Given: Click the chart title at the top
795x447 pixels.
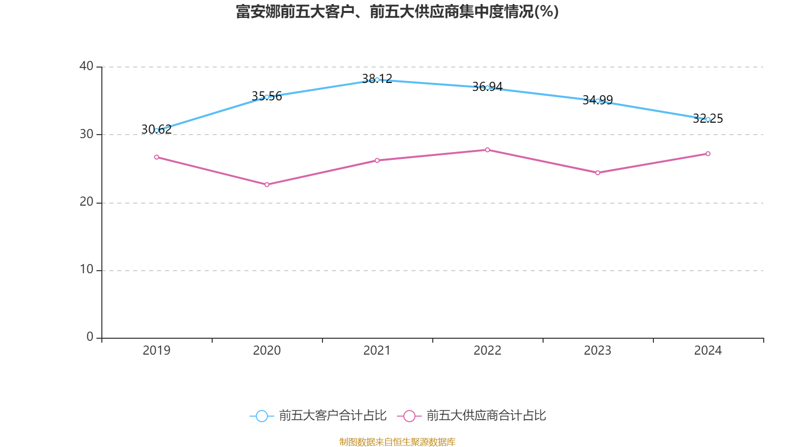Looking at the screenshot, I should tap(397, 11).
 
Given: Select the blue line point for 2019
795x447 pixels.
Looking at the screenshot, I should tap(157, 131).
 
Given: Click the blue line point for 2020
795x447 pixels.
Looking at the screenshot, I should tap(267, 97).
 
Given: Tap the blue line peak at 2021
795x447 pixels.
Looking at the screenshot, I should tap(377, 79).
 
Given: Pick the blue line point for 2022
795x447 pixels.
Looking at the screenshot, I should tap(487, 88).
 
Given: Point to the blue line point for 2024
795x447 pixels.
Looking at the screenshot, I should tap(708, 119).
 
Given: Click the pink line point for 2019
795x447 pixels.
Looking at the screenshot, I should tap(157, 157).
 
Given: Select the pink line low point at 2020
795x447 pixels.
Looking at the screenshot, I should tap(267, 185).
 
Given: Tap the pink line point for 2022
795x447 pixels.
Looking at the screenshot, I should tap(487, 150).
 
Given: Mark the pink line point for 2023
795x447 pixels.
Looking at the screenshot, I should tap(598, 173).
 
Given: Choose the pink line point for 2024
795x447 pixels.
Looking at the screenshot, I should tap(708, 154).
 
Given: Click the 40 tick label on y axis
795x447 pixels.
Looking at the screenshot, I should tap(86, 66).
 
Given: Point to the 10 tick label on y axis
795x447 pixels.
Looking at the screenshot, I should tap(86, 270).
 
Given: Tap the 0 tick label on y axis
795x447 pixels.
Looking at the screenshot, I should tap(90, 337).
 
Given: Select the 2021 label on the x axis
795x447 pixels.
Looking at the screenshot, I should tap(377, 351).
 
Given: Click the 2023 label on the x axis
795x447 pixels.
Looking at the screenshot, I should tap(598, 351).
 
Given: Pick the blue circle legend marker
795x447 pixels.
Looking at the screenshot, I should tap(261, 416).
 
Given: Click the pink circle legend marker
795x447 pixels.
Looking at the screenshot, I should tap(409, 416).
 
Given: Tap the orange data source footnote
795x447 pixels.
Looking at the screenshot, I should tap(397, 442).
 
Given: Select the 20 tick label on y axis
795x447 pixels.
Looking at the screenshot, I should tap(86, 202).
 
